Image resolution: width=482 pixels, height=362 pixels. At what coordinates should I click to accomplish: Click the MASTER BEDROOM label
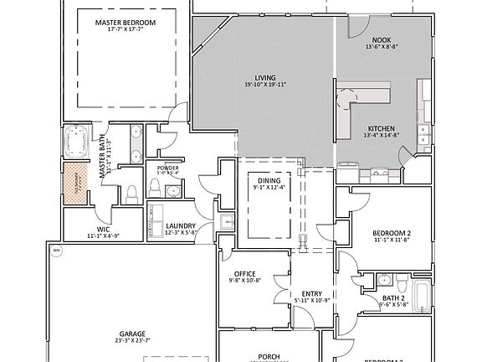point(126,23)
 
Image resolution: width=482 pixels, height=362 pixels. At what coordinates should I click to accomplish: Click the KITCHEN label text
point(380,128)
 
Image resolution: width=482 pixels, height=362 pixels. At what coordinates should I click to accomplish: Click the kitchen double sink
point(423,134)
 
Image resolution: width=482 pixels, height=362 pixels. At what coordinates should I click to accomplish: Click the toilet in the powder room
point(156,186)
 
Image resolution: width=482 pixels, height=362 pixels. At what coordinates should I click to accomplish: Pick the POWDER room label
point(167,168)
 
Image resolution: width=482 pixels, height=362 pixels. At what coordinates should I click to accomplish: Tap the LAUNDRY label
point(181,226)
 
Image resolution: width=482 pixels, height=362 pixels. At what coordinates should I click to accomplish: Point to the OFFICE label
point(244,273)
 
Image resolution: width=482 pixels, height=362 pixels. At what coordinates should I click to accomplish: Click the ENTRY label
point(311,293)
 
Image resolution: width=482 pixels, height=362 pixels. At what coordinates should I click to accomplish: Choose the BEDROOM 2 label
point(391,233)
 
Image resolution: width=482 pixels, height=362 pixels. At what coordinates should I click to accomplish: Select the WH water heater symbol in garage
point(56,250)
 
